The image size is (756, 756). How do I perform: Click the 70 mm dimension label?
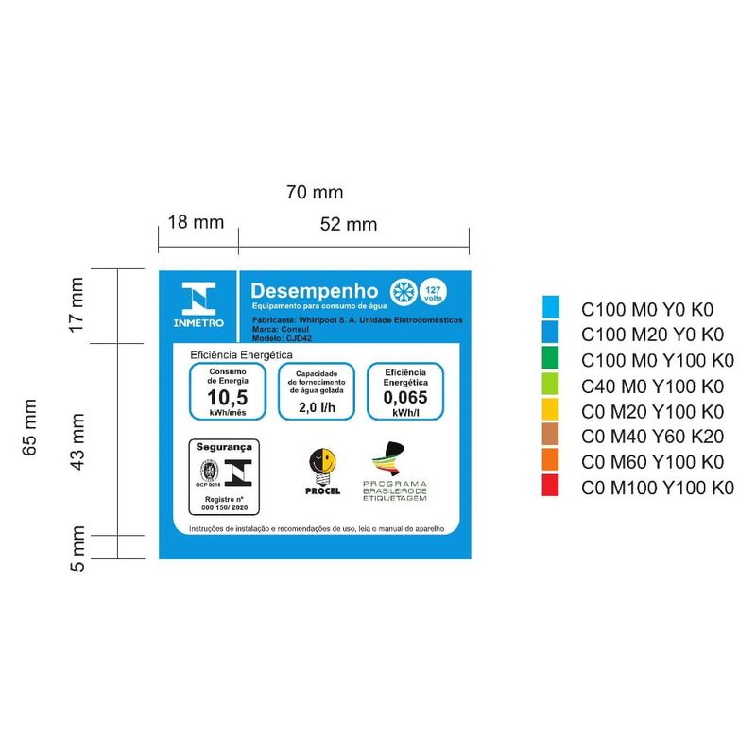[315, 193]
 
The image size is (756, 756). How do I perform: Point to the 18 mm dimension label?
[196, 223]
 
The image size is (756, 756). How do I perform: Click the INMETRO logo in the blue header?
[198, 304]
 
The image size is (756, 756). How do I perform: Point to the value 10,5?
[227, 398]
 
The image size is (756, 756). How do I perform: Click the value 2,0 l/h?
[317, 408]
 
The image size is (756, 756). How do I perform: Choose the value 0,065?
[405, 398]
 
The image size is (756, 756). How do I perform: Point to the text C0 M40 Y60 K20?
[652, 437]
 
